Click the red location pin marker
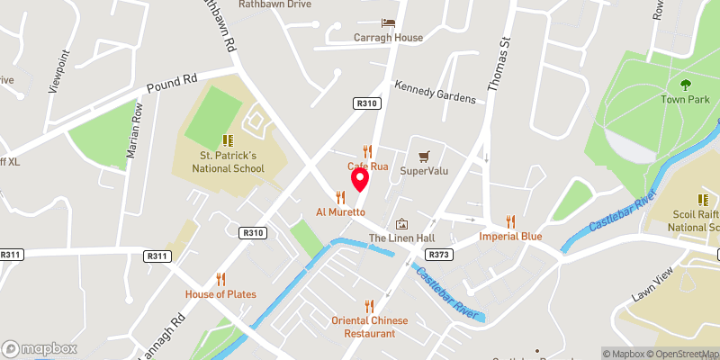point(360,178)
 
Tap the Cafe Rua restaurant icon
point(367,151)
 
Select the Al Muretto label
point(339,212)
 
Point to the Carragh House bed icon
point(388,22)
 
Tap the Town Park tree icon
point(686,85)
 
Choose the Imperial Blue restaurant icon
point(510,220)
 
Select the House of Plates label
point(220,294)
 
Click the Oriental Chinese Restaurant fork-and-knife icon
point(367,306)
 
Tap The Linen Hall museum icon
point(401,223)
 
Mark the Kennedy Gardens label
point(435,92)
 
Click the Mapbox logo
point(40,348)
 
